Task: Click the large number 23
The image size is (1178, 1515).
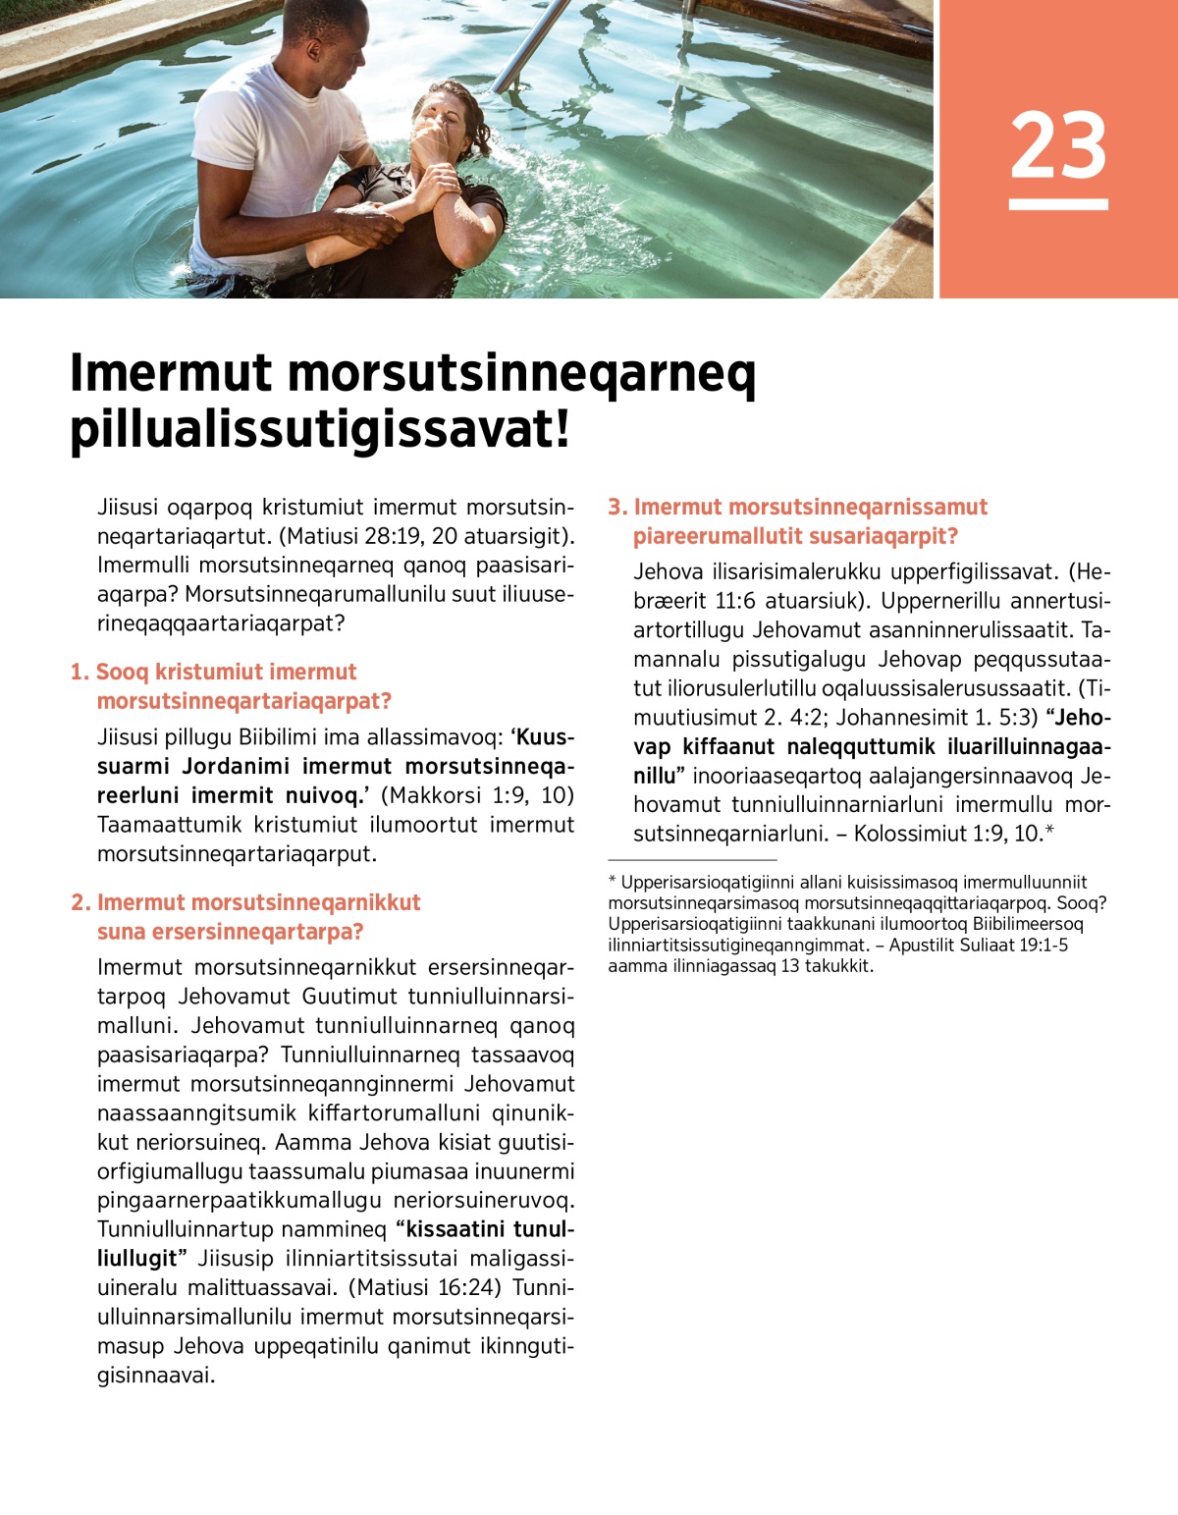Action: coord(1058,145)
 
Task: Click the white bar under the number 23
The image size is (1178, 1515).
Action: coord(1058,204)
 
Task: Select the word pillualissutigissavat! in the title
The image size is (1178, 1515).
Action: coord(320,430)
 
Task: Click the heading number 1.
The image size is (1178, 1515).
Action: coord(79,673)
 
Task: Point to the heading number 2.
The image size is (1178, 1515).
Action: coord(80,903)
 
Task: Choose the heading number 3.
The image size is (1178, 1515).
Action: coord(616,508)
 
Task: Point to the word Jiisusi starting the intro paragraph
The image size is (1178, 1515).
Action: coord(129,508)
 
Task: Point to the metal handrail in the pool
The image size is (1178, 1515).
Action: coord(531,44)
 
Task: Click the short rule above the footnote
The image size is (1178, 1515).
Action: coord(692,859)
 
